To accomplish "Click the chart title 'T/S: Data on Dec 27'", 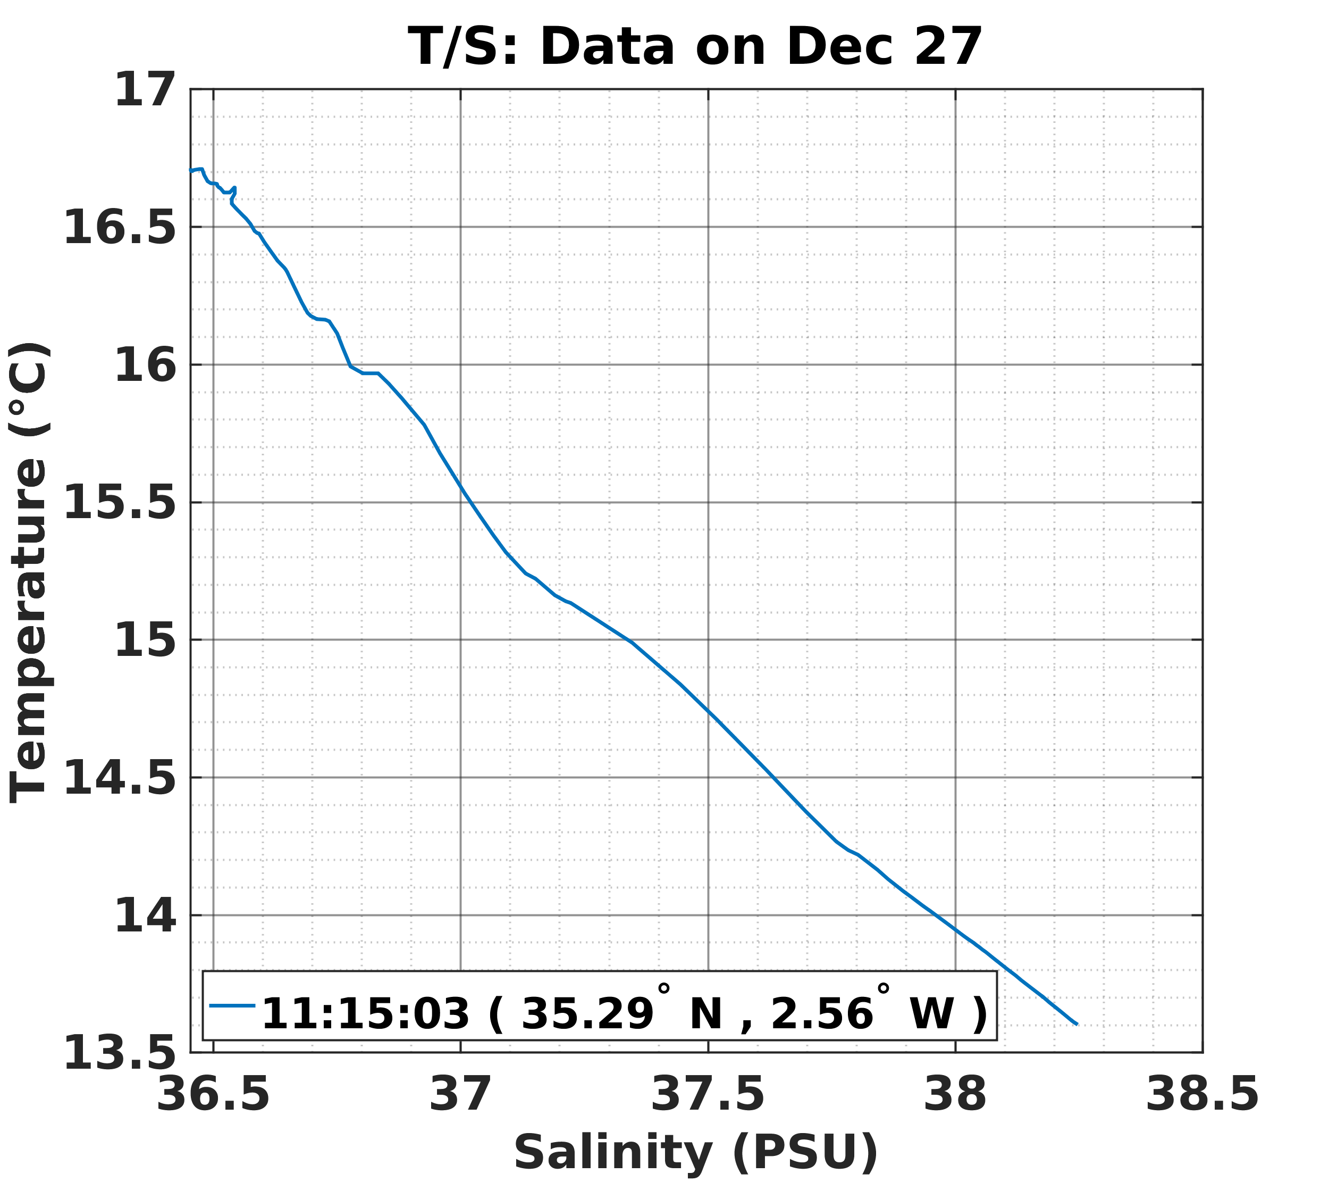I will (x=694, y=48).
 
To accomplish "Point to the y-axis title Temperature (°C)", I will (x=29, y=572).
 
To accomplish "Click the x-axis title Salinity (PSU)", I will (x=696, y=1152).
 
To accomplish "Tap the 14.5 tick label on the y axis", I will (x=120, y=779).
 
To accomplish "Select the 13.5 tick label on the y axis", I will (x=120, y=1054).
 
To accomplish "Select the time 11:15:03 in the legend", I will (x=365, y=1013).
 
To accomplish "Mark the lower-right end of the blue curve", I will (x=1076, y=1024).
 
